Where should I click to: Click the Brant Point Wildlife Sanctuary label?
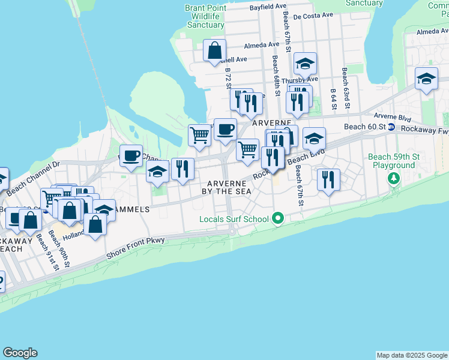pos(205,16)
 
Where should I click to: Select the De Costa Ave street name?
pos(313,15)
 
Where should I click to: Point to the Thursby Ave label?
pos(299,79)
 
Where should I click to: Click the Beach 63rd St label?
pos(346,84)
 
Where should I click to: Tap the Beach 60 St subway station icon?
pos(391,127)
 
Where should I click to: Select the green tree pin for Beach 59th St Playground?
pos(394,178)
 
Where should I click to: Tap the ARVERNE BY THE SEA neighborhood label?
pos(229,187)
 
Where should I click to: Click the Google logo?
pos(20,353)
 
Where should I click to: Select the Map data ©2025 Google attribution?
pos(411,355)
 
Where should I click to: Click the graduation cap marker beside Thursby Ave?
pos(305,64)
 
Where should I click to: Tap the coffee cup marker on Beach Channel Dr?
pos(131,155)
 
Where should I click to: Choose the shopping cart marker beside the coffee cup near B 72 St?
pos(200,134)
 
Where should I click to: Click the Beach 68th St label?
pos(276,76)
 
